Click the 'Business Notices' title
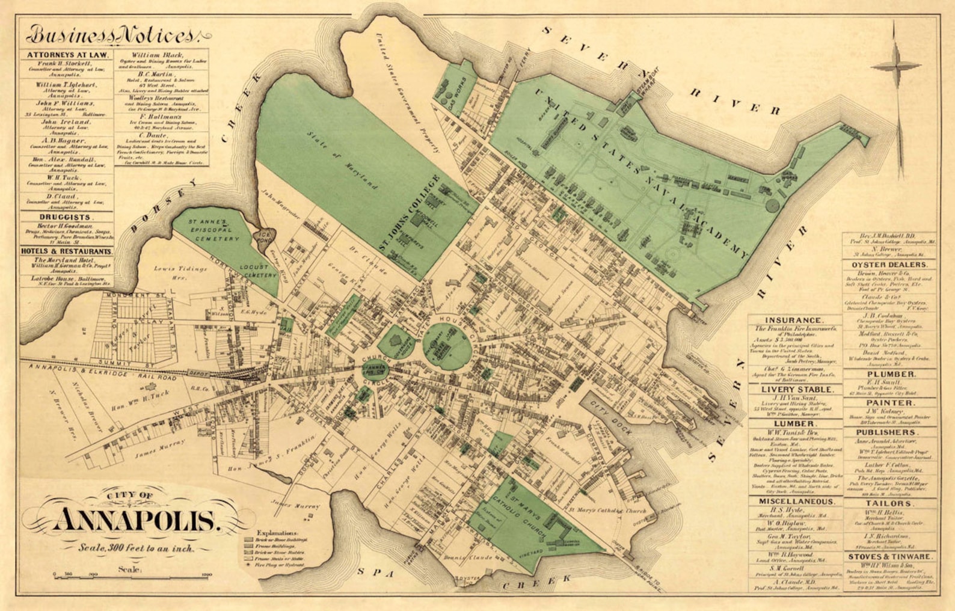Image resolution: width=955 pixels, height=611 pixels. pos(112,35)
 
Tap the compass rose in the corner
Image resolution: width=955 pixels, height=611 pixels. pos(895,65)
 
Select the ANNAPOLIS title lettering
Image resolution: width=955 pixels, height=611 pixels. pos(137,520)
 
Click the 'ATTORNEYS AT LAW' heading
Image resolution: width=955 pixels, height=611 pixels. pos(67,55)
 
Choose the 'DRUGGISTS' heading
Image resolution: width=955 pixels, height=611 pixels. pos(66,216)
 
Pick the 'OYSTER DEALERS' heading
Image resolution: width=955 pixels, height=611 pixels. pos(889,265)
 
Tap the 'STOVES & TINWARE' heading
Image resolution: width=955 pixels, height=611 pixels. pos(889,557)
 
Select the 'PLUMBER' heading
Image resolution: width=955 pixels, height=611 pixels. pos(890,374)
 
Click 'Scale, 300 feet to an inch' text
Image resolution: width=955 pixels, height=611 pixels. pos(137,548)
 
